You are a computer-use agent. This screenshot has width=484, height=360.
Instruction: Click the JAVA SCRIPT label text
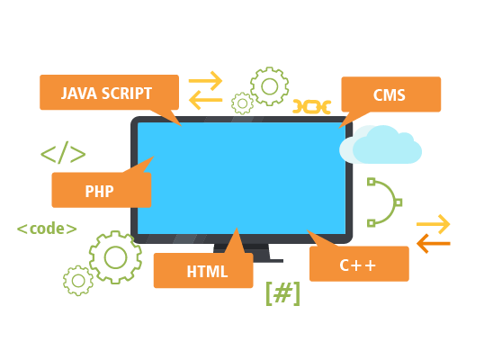tap(106, 94)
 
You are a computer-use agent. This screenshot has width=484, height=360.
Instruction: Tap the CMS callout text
tap(390, 95)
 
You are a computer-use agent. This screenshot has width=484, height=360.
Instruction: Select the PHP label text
tap(99, 192)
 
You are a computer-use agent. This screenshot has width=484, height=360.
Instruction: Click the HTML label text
tap(207, 272)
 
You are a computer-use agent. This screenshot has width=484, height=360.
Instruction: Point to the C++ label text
tap(358, 265)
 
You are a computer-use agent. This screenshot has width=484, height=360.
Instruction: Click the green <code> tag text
tap(47, 229)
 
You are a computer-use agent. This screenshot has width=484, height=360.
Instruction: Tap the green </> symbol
tap(63, 152)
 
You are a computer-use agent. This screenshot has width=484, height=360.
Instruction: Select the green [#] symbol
tap(282, 293)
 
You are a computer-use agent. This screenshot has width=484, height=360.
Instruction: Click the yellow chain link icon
tap(312, 107)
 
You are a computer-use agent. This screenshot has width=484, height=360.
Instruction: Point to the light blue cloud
tap(381, 145)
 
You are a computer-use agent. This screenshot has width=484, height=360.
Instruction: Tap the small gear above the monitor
tap(242, 103)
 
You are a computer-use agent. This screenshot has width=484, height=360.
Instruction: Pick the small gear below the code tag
tap(78, 281)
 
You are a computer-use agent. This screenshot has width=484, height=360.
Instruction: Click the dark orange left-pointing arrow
tap(434, 244)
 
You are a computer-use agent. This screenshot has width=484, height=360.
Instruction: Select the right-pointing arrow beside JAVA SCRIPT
tap(206, 81)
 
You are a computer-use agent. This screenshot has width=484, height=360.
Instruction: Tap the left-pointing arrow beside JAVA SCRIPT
tap(206, 100)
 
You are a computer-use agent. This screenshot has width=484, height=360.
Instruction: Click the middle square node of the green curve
tap(399, 202)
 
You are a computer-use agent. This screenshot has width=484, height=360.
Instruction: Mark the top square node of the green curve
tap(372, 182)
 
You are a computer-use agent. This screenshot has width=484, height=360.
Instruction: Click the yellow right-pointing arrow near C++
tap(434, 224)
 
